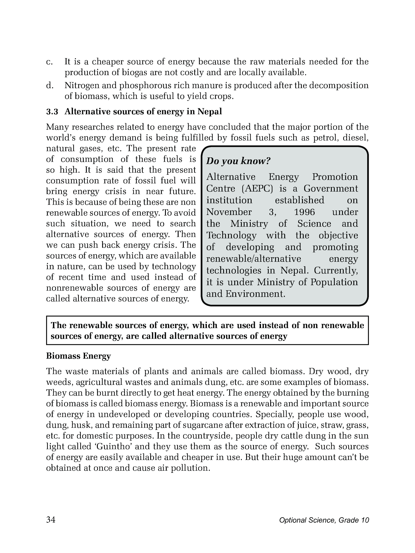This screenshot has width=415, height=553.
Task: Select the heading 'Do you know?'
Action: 238,161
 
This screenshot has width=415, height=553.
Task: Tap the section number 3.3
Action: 52,112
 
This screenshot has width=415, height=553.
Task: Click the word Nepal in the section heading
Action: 210,112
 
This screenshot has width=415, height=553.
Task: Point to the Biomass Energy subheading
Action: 78,356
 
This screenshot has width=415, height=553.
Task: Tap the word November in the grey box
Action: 229,212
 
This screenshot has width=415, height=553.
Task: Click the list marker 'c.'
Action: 49,62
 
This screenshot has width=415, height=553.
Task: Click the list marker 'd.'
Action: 49,86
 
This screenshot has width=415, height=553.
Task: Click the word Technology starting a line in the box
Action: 231,235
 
